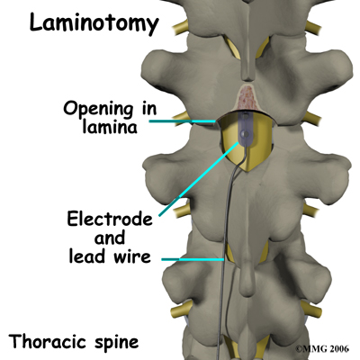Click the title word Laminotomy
point(94,24)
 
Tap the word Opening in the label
point(98,110)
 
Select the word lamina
point(110,127)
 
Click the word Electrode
point(110,219)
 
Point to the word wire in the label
point(131,256)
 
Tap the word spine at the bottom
point(116,343)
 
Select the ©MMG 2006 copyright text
point(322,349)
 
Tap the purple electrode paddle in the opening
point(246,130)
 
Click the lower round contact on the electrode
point(246,134)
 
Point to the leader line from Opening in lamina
point(183,121)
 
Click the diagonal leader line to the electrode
point(199,179)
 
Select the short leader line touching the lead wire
point(193,259)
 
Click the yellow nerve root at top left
point(180,27)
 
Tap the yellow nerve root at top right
point(313,28)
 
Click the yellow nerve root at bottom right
point(310,309)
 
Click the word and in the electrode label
point(110,238)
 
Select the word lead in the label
point(88,256)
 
